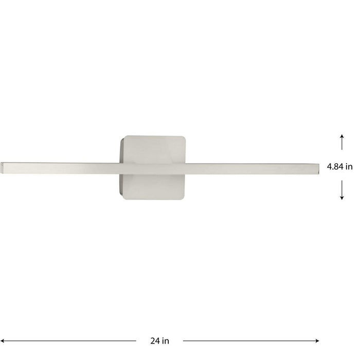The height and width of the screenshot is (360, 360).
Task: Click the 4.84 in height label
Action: click(340, 166)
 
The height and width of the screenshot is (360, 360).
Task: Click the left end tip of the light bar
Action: click(3, 168)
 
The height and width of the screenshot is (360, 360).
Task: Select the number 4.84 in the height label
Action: click(336, 166)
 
